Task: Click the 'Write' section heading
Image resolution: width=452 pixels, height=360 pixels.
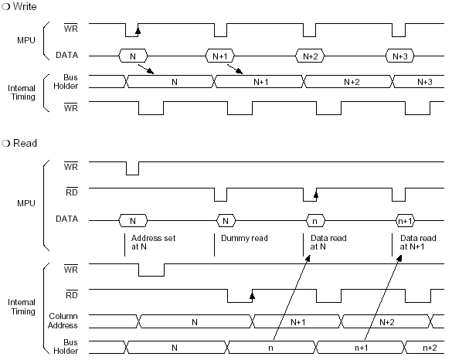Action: tap(25, 6)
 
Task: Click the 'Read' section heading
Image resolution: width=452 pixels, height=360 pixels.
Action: tap(25, 143)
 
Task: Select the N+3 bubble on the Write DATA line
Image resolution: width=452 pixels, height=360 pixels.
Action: tap(399, 56)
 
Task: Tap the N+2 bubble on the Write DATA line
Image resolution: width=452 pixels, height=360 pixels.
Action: tap(310, 56)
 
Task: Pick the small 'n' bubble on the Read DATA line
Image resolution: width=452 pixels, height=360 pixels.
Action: tap(315, 221)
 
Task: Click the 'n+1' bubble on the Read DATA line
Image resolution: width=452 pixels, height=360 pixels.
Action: tap(406, 221)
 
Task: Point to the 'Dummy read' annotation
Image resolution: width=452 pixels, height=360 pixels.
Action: tap(244, 238)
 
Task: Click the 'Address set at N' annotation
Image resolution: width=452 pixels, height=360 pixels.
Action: tap(153, 242)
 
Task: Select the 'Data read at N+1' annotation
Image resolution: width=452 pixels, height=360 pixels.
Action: tap(418, 242)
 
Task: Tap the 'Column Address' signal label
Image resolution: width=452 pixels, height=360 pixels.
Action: tap(63, 321)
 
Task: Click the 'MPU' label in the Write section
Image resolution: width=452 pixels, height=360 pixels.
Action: tap(26, 40)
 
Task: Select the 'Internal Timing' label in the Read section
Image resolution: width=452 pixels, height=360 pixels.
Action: tap(22, 307)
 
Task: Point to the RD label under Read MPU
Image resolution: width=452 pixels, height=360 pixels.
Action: tap(72, 192)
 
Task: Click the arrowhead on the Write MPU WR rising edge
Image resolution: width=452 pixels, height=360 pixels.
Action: tap(138, 31)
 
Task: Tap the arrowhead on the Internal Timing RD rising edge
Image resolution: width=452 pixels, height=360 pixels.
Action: tap(252, 296)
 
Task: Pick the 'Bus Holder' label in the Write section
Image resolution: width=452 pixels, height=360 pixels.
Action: tap(66, 82)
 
